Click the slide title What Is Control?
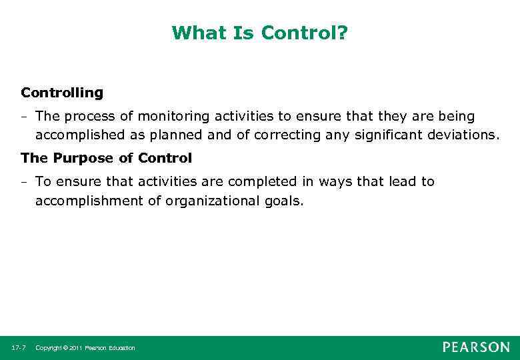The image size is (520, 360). pyautogui.click(x=260, y=33)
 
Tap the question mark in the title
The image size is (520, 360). pyautogui.click(x=343, y=33)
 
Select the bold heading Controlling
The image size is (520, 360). pyautogui.click(x=62, y=93)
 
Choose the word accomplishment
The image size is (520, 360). pyautogui.click(x=89, y=201)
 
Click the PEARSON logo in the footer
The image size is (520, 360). pyautogui.click(x=476, y=347)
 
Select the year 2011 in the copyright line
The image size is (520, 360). pyautogui.click(x=73, y=348)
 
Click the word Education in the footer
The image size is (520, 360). pyautogui.click(x=121, y=348)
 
